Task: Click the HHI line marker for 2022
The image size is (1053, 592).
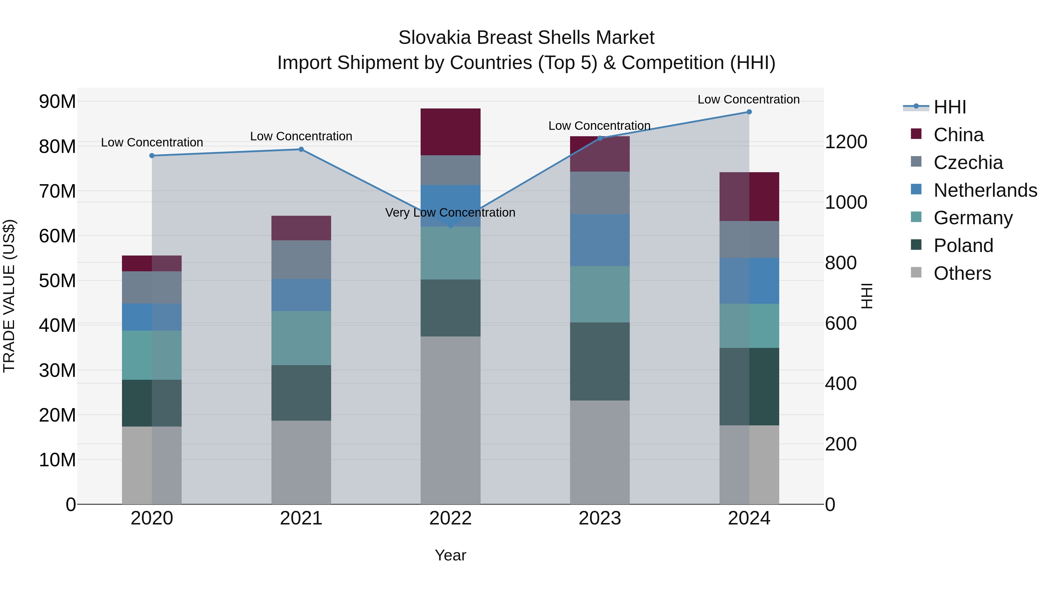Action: click(x=450, y=225)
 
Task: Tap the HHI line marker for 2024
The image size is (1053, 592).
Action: click(x=749, y=112)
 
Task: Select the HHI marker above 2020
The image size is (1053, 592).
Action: click(x=152, y=156)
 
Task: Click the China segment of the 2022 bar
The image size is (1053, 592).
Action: click(x=450, y=132)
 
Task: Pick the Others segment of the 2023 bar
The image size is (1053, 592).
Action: click(x=600, y=452)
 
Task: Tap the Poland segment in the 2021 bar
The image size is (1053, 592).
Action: click(x=301, y=393)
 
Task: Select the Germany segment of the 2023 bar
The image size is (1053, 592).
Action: click(x=600, y=294)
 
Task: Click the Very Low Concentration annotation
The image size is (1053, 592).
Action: click(x=450, y=213)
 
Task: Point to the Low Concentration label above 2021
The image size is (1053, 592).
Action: click(x=301, y=136)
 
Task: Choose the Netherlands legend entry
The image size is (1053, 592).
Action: click(x=985, y=190)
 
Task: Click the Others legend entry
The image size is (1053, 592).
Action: click(x=962, y=273)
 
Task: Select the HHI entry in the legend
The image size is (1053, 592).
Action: click(x=949, y=107)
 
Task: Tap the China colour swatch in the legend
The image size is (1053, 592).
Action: click(x=916, y=134)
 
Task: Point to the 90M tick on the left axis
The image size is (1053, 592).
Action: click(x=57, y=101)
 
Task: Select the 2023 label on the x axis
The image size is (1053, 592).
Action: click(x=600, y=518)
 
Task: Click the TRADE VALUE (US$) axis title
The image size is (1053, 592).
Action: click(x=9, y=296)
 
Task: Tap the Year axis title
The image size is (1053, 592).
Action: click(x=450, y=555)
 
